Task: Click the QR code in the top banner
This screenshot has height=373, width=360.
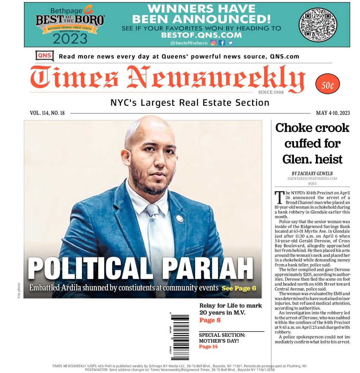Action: click(317, 25)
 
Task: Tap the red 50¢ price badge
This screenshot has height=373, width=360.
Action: click(328, 84)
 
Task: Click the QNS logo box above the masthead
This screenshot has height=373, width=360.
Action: click(45, 55)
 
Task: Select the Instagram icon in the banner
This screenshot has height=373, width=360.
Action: click(213, 43)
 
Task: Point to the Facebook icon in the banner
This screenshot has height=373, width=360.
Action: click(222, 43)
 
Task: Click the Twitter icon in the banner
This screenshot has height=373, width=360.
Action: click(230, 43)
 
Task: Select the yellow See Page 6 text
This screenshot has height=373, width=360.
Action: click(239, 288)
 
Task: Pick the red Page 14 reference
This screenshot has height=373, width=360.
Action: click(208, 347)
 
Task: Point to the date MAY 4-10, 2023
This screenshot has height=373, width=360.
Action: click(333, 113)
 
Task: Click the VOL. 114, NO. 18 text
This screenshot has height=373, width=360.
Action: click(47, 113)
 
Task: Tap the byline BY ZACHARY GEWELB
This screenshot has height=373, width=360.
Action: click(312, 174)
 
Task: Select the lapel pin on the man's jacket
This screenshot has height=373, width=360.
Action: click(180, 218)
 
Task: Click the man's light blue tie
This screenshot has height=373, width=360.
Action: click(155, 239)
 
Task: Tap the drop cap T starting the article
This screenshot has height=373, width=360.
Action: click(279, 197)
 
